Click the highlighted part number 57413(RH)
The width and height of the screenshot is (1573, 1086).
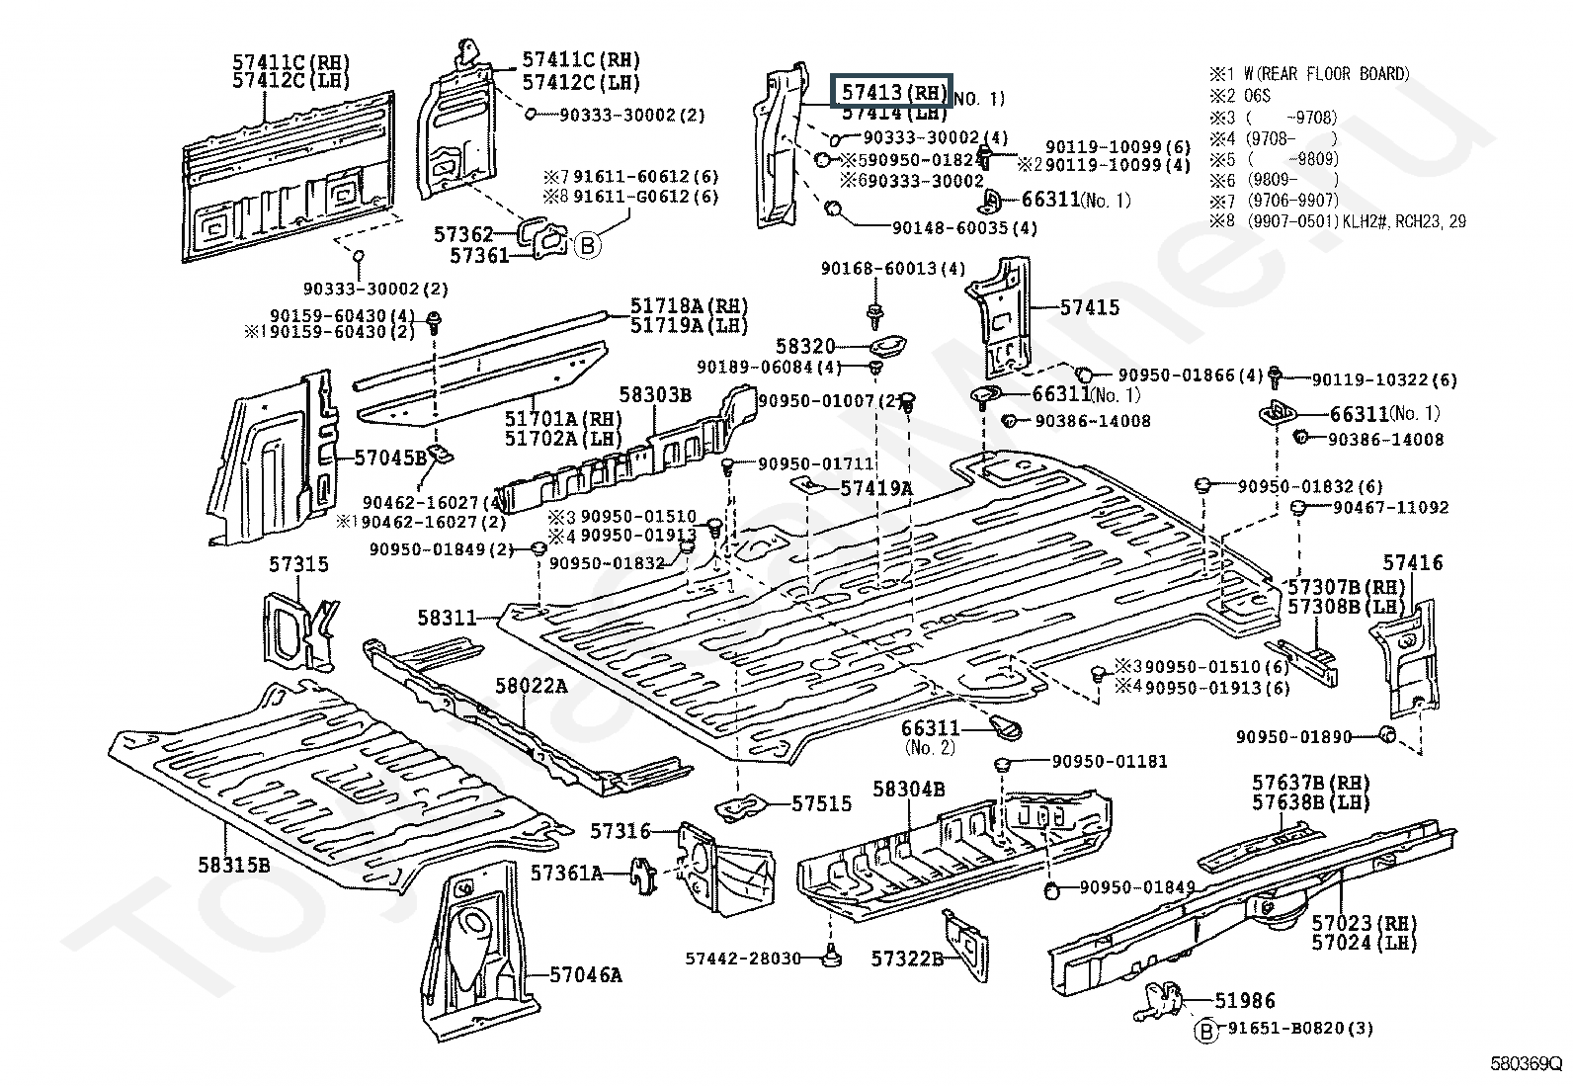[891, 92]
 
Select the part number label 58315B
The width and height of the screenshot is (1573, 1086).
[232, 864]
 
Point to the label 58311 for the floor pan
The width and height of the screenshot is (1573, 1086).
[447, 619]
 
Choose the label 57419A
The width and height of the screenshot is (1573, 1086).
[876, 487]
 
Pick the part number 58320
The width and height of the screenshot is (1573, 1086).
[805, 347]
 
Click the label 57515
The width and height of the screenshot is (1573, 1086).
[821, 803]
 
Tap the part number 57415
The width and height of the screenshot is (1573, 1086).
[1090, 307]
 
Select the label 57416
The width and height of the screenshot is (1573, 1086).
[1412, 563]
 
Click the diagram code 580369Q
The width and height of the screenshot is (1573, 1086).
[1526, 1066]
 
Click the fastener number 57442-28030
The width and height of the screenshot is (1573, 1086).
[742, 959]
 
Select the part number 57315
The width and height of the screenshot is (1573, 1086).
[298, 564]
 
